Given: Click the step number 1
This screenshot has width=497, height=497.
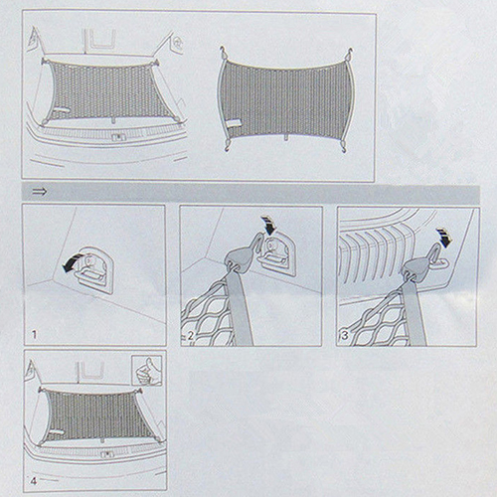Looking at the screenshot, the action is (34, 335).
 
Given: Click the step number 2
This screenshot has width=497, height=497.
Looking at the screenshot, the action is (191, 336).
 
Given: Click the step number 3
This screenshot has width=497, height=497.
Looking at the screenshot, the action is (345, 336).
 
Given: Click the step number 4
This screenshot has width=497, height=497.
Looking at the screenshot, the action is (34, 480).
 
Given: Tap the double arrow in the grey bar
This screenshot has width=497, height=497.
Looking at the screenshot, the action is (40, 192).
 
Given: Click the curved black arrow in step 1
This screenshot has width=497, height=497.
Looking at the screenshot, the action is (73, 262).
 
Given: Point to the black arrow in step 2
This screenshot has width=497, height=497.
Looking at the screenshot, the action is (268, 225).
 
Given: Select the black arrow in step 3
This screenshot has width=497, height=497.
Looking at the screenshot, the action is (444, 238).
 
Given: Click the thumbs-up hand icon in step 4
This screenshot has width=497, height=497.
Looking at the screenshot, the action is (147, 370).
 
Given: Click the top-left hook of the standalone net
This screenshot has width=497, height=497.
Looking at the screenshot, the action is (224, 53).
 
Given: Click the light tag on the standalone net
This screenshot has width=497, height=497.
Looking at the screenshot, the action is (235, 124).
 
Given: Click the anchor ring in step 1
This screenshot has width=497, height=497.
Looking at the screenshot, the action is (94, 269).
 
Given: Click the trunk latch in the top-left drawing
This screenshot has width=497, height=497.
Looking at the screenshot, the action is (116, 137).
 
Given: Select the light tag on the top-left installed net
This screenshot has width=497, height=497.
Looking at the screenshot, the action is (63, 110).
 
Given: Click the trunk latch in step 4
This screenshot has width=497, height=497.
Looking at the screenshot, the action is (107, 454).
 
